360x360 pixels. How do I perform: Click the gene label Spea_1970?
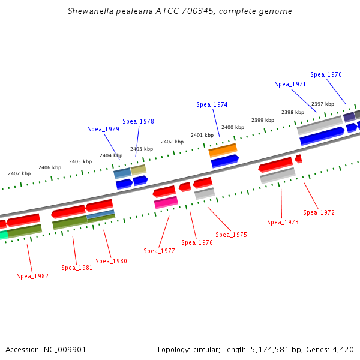[x=326, y=75]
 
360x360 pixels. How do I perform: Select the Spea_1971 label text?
[x=290, y=85]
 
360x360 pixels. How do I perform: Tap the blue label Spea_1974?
[x=212, y=105]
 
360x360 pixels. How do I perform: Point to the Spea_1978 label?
[x=138, y=122]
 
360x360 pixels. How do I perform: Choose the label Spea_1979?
[x=103, y=130]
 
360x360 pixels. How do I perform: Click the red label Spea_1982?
[x=32, y=277]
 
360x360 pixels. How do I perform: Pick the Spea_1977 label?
[x=159, y=251]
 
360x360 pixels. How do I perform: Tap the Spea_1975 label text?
[x=231, y=235]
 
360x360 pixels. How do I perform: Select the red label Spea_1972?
[x=319, y=213]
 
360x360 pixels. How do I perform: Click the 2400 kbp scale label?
[x=233, y=128]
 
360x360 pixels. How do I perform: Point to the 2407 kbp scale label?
[x=19, y=174]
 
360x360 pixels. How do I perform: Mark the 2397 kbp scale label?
[x=323, y=104]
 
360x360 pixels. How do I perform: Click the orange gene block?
[x=223, y=149]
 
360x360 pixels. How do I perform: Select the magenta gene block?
[x=166, y=202]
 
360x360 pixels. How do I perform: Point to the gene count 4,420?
[x=343, y=349]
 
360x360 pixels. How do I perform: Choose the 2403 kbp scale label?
[x=142, y=149]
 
